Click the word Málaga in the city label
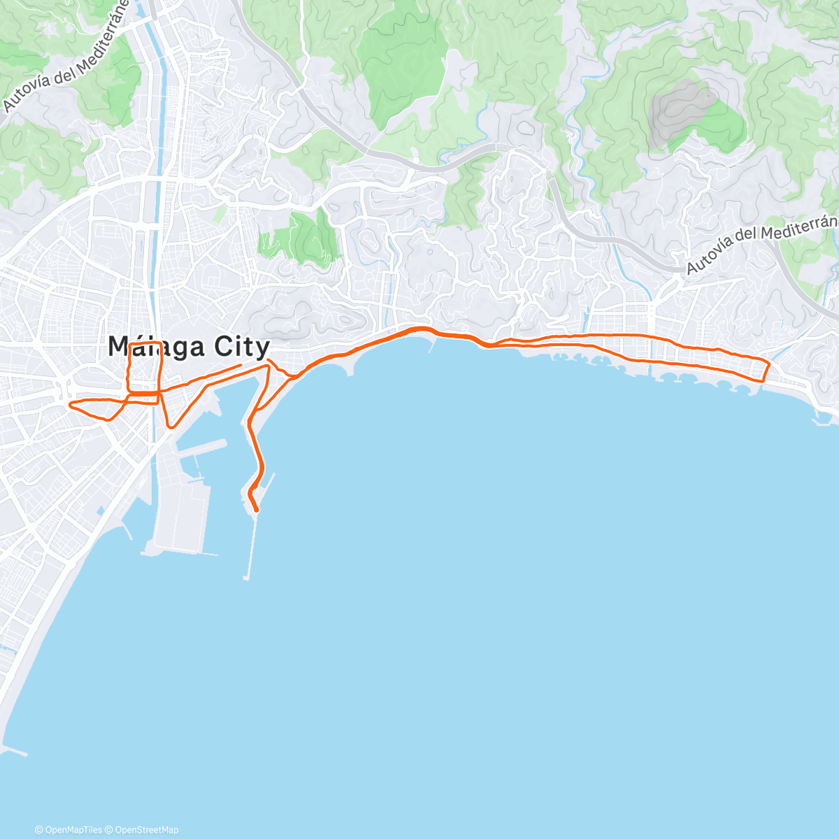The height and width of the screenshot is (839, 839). [x=157, y=347]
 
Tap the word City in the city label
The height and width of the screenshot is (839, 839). [x=239, y=347]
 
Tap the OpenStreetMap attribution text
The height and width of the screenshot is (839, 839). [x=146, y=830]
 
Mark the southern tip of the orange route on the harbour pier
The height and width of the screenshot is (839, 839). [x=257, y=510]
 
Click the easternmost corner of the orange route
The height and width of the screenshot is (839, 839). [x=769, y=364]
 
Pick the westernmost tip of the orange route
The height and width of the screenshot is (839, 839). [x=69, y=404]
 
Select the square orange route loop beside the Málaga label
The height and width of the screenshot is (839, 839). [x=145, y=367]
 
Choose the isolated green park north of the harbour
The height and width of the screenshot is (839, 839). [x=301, y=238]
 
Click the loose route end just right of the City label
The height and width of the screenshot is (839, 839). [x=241, y=365]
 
